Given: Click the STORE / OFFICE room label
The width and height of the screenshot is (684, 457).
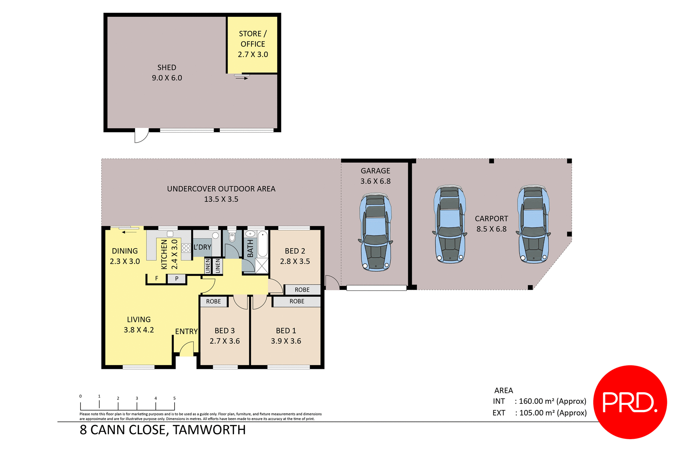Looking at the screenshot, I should (x=253, y=38).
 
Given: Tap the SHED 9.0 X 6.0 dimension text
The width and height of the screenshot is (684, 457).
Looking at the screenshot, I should (x=167, y=78).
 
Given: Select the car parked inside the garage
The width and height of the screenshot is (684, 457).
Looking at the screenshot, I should (x=375, y=232).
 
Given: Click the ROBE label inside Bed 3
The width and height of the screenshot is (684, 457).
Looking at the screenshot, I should (x=213, y=302).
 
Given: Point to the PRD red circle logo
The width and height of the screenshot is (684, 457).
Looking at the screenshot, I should (x=630, y=402).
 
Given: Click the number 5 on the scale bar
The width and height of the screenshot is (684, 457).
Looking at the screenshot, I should (x=174, y=398).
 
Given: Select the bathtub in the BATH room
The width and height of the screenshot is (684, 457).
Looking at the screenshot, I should (x=263, y=244).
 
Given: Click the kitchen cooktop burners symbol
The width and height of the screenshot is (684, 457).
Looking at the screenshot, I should (x=186, y=248).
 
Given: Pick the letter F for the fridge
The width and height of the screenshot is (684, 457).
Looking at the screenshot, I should (x=157, y=278).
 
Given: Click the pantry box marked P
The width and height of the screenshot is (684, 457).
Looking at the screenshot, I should (x=177, y=279).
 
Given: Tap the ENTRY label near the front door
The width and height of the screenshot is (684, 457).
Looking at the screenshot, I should (x=186, y=332).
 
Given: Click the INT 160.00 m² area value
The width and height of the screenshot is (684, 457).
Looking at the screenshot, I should (x=552, y=401).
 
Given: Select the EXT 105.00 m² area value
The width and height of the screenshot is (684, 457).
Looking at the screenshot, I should (x=553, y=413).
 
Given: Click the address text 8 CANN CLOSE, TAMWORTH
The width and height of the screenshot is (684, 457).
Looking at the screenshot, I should (x=163, y=430).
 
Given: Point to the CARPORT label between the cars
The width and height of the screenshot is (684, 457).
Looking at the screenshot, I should (x=491, y=219).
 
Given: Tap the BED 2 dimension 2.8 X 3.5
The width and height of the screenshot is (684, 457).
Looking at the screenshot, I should (x=295, y=261).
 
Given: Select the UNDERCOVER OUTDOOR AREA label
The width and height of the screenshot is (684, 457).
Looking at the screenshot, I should (x=221, y=189).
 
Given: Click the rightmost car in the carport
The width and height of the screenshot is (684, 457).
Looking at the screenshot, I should (x=533, y=224).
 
